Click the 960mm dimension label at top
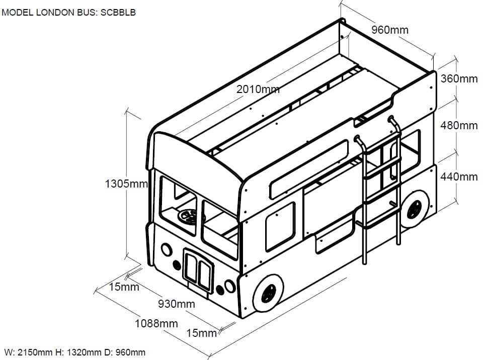390,30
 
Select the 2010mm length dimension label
258,89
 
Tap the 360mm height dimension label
459,79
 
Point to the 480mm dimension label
459,126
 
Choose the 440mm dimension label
459,176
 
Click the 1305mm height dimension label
126,184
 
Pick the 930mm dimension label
176,304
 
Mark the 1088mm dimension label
156,323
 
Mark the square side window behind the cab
279,226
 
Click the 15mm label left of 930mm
124,287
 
